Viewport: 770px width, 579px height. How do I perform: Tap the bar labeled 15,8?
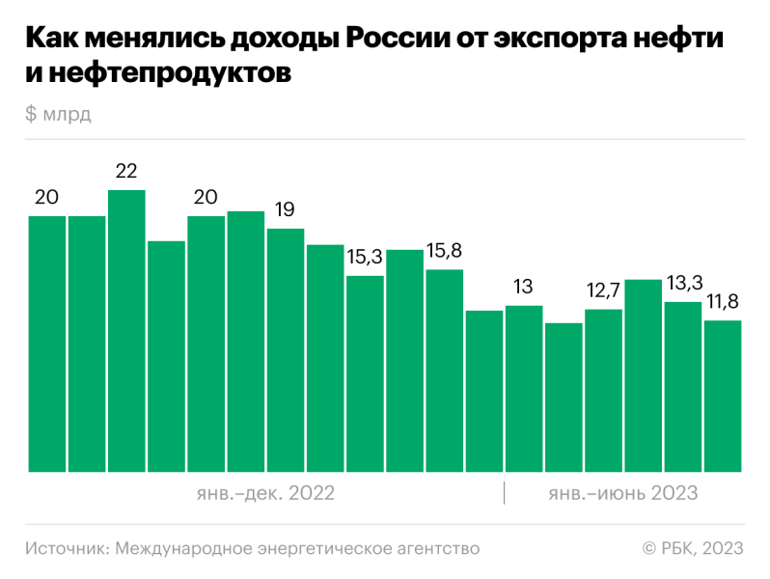click(444, 371)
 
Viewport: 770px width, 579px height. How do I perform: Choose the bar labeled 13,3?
click(682, 387)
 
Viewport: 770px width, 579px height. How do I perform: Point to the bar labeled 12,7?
click(603, 391)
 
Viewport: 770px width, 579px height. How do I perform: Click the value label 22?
click(126, 172)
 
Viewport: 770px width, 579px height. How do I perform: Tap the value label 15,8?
click(444, 251)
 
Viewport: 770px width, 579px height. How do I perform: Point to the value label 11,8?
click(722, 302)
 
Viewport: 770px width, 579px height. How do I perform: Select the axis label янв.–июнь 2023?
click(622, 493)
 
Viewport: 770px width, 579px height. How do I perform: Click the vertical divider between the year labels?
click(504, 492)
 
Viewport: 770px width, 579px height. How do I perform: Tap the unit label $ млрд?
click(59, 114)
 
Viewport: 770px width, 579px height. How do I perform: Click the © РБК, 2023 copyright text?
click(693, 548)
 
